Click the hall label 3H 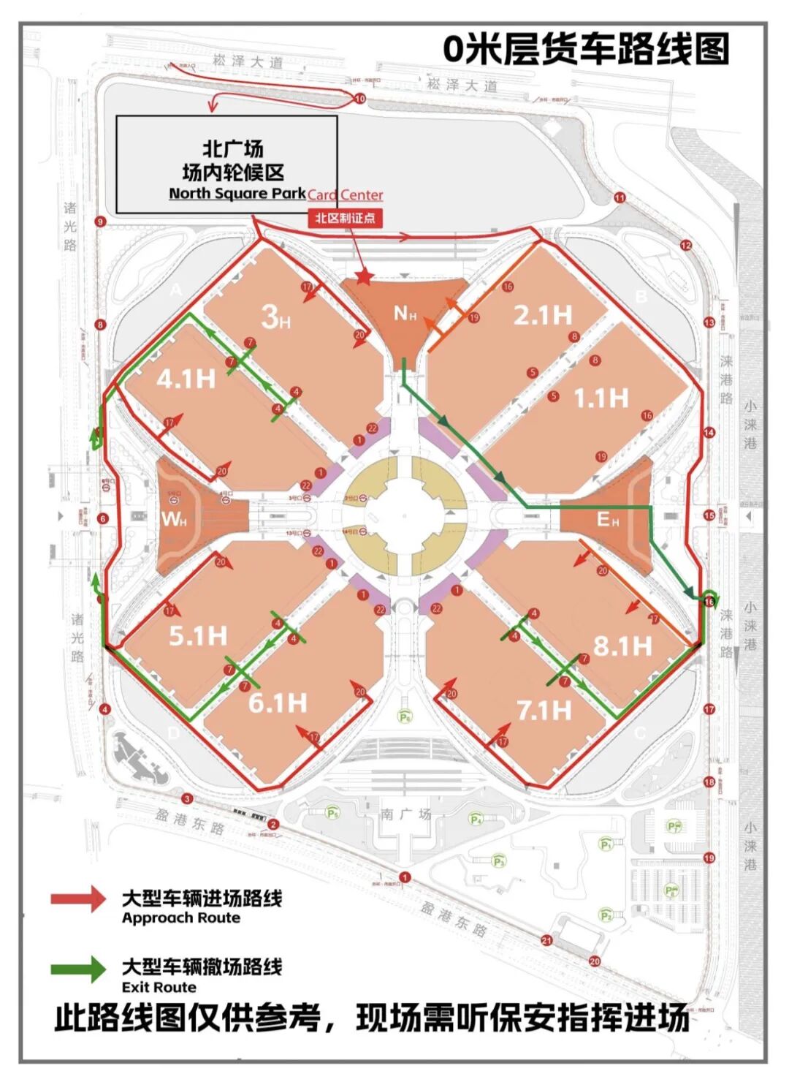pyautogui.click(x=275, y=317)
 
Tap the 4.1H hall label pyautogui.click(x=186, y=379)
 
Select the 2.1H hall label pyautogui.click(x=542, y=315)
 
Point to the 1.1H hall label pyautogui.click(x=601, y=398)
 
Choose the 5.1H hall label pyautogui.click(x=198, y=635)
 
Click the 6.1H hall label pyautogui.click(x=278, y=703)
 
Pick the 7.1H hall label pyautogui.click(x=544, y=709)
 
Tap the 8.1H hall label pyautogui.click(x=622, y=646)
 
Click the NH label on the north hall pyautogui.click(x=405, y=314)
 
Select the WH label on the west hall pyautogui.click(x=174, y=520)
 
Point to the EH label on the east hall pyautogui.click(x=608, y=519)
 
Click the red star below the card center pyautogui.click(x=364, y=276)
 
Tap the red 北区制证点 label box pyautogui.click(x=345, y=218)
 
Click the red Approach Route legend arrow pyautogui.click(x=78, y=898)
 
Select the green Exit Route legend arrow pyautogui.click(x=78, y=969)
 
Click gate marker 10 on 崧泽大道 pyautogui.click(x=359, y=98)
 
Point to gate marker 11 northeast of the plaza pyautogui.click(x=620, y=197)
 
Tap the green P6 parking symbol pyautogui.click(x=405, y=717)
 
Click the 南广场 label pyautogui.click(x=406, y=813)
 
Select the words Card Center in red pyautogui.click(x=345, y=194)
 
